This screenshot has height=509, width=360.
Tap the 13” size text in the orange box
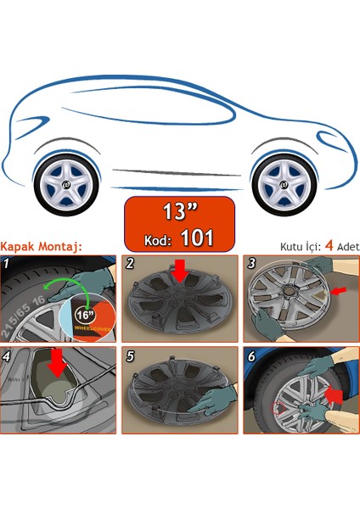(x=178, y=208)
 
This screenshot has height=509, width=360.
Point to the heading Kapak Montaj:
(x=42, y=247)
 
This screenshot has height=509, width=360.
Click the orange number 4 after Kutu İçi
(x=327, y=247)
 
